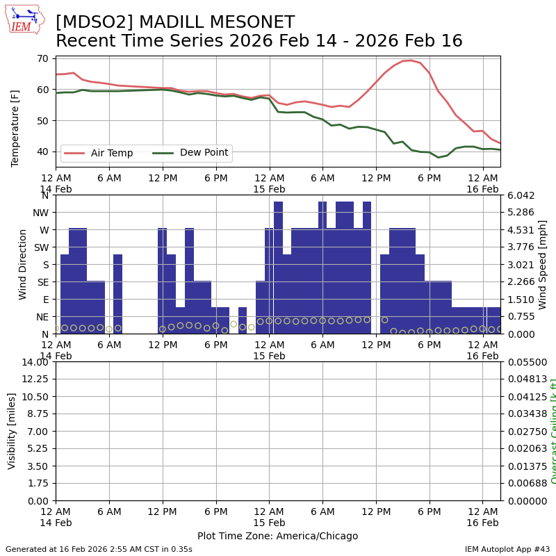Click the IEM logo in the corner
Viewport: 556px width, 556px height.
24,19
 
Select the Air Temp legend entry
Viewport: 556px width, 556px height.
111,153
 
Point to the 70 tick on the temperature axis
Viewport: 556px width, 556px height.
42,58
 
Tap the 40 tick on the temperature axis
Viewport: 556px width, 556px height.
42,152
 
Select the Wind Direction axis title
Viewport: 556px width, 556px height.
23,264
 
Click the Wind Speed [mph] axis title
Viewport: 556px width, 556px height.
543,264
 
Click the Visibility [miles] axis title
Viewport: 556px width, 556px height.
12,431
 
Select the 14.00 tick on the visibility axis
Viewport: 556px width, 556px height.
35,362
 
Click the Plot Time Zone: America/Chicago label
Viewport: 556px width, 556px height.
277,536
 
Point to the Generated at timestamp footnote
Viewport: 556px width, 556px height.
99,549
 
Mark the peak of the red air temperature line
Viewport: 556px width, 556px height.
411,60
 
